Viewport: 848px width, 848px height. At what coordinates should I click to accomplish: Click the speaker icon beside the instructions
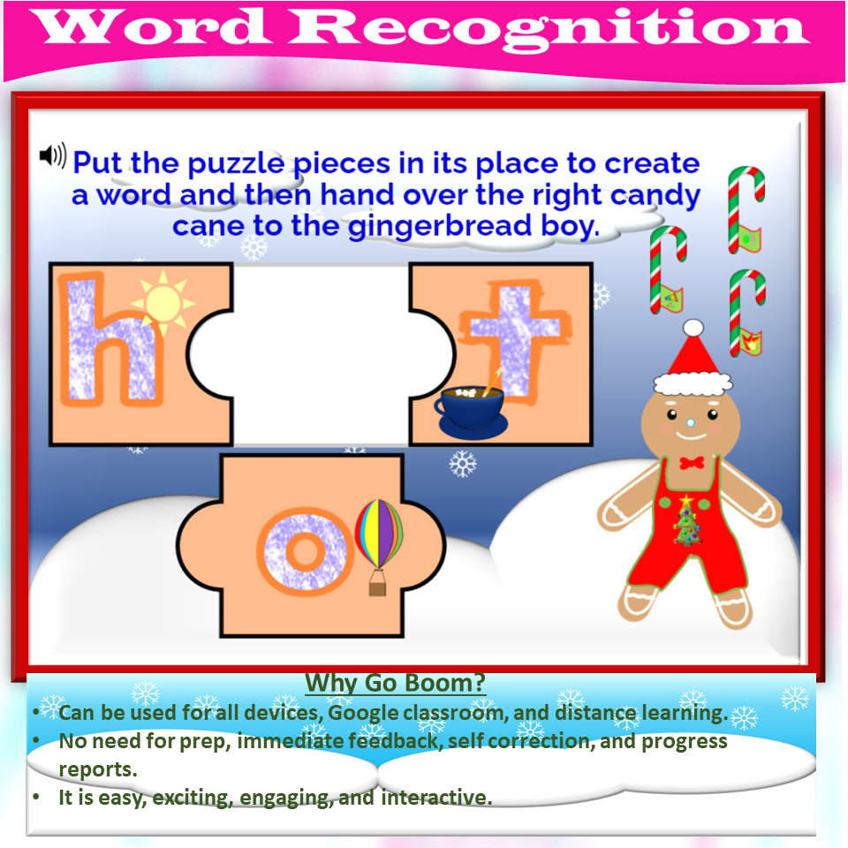pos(52,156)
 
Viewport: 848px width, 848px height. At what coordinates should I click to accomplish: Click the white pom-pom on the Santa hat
pos(693,329)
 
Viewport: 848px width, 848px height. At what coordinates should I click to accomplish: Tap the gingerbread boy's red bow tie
pos(690,462)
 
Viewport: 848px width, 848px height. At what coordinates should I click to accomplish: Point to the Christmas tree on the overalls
pos(686,521)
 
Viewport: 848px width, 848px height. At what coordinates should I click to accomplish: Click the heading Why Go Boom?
pos(395,683)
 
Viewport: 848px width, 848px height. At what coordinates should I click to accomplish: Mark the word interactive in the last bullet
pos(435,797)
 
